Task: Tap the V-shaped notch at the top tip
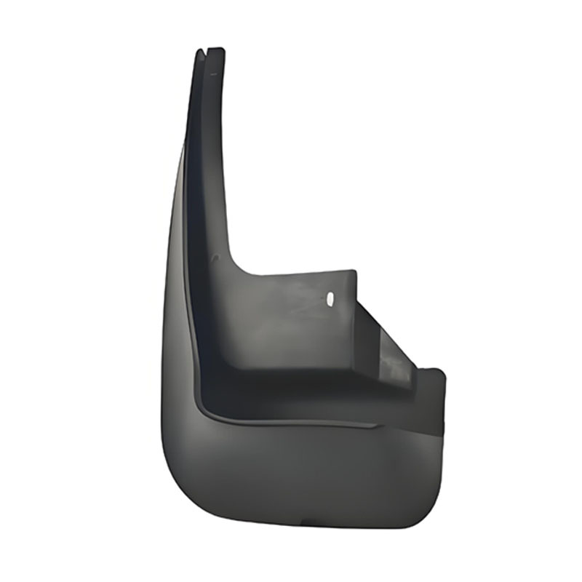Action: pos(210,51)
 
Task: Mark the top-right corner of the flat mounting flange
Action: pos(355,272)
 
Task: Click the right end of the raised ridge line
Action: pos(375,425)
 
